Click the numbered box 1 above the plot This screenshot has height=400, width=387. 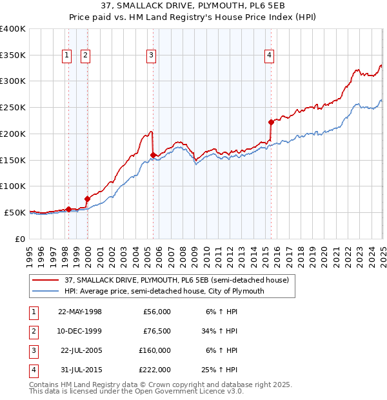[x=66, y=56]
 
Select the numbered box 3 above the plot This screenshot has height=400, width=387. [x=151, y=56]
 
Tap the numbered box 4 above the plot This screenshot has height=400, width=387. [x=268, y=56]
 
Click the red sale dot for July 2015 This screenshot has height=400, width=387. [x=272, y=122]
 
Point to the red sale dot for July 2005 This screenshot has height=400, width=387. [x=153, y=155]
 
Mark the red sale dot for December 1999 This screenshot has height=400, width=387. [x=87, y=199]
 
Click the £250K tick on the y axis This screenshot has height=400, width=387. [x=12, y=107]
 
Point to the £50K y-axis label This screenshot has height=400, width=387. [x=14, y=212]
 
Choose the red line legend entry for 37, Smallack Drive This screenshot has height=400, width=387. [x=180, y=280]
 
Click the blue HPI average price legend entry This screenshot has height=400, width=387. [x=164, y=291]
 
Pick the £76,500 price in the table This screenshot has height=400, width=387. [x=157, y=330]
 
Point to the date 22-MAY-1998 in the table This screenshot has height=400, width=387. [x=80, y=311]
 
